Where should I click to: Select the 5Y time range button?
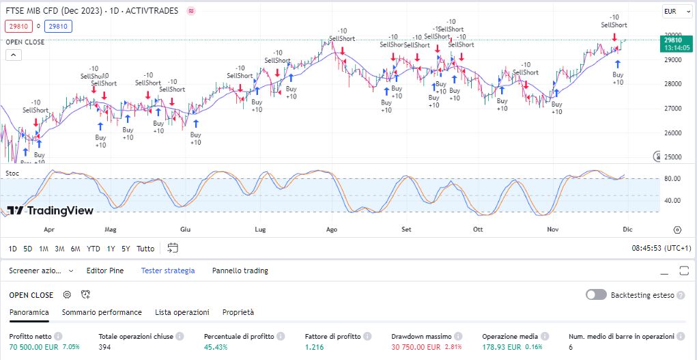pos(126,249)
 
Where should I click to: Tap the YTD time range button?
pos(94,249)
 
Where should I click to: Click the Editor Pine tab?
pos(104,271)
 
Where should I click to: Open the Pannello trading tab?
pos(240,271)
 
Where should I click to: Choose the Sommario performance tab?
pos(102,312)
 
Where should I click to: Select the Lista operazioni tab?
pos(182,312)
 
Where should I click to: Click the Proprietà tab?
pos(238,312)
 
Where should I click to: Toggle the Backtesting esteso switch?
pos(596,294)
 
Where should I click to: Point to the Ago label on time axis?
pos(332,230)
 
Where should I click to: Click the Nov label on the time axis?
pos(553,230)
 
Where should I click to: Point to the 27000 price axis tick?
pos(674,109)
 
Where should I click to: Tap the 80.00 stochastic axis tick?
pos(672,179)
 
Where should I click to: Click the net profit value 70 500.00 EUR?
pos(34,347)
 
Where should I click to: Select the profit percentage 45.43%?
pos(216,347)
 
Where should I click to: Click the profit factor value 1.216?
pos(315,347)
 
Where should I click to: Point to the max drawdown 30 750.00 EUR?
pos(416,347)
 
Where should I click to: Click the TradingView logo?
pos(51,210)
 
